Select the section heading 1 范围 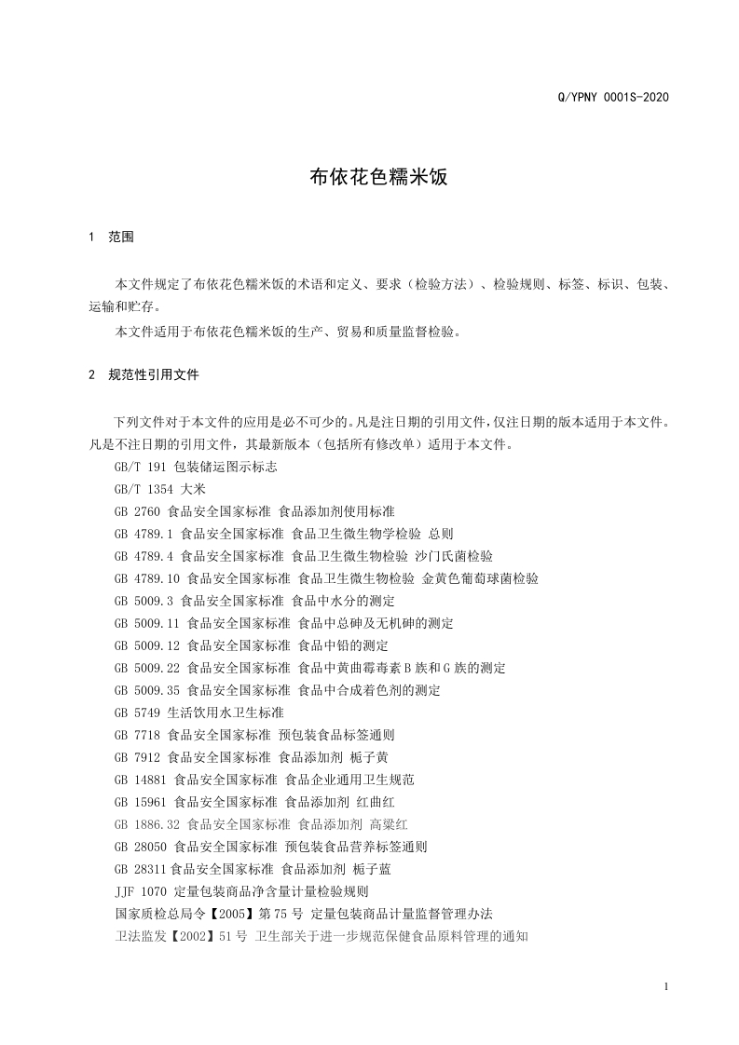point(112,237)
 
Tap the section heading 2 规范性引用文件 point(144,375)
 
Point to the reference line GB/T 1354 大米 point(159,489)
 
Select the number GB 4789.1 point(144,534)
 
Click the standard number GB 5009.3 point(144,601)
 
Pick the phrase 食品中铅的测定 point(343,645)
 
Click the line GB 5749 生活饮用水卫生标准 point(198,712)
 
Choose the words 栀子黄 point(370,757)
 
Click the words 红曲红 point(376,802)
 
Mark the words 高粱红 point(389,824)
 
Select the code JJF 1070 point(141,891)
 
